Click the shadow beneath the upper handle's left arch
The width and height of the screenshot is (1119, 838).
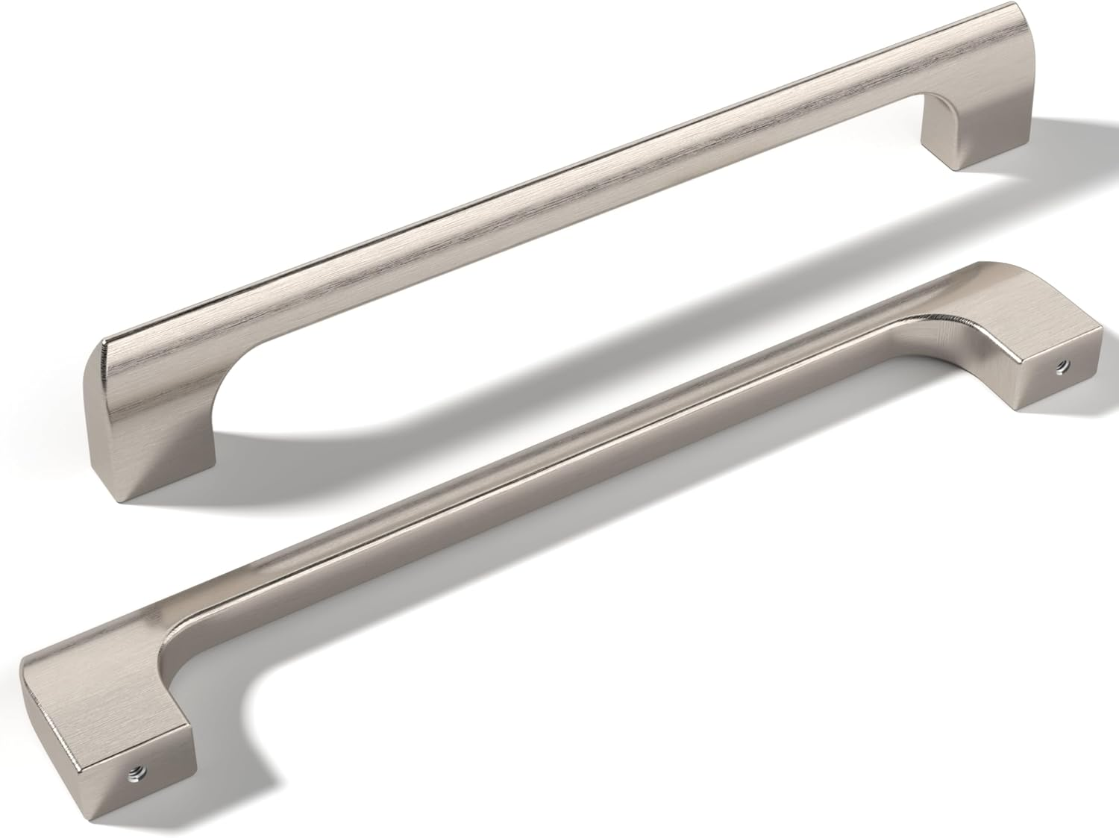click(x=313, y=440)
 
